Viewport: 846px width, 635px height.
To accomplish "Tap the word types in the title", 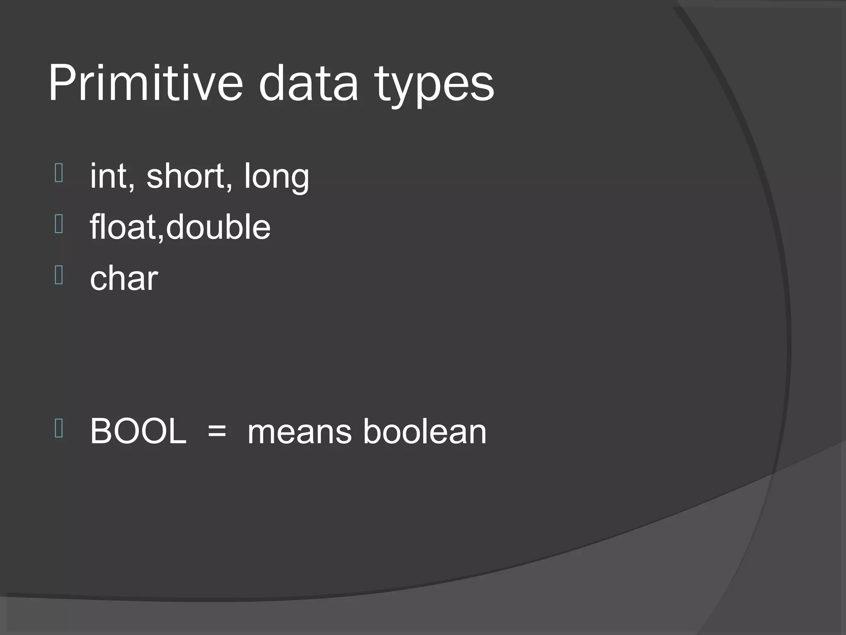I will (434, 87).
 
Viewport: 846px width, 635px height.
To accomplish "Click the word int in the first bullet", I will (108, 176).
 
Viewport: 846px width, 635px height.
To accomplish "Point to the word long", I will (276, 178).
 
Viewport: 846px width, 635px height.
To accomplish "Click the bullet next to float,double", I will (59, 224).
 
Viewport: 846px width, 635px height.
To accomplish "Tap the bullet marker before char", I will (59, 276).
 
